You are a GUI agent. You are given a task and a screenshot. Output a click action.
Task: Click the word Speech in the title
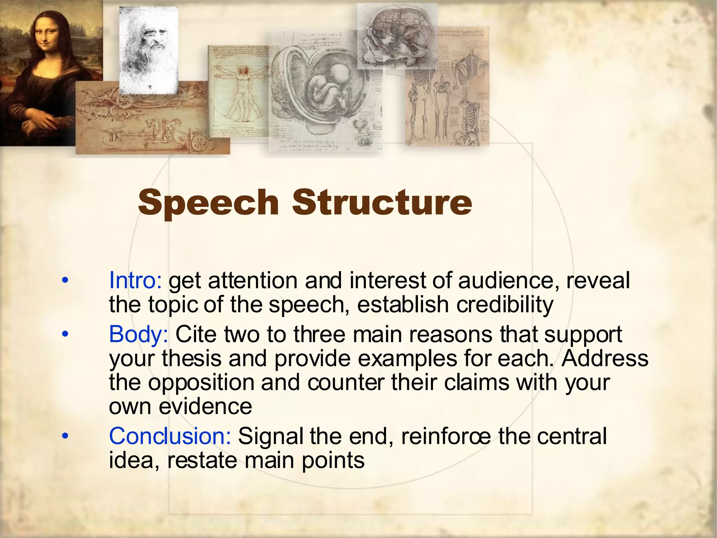tap(208, 203)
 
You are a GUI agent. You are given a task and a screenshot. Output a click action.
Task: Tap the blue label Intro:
tap(135, 281)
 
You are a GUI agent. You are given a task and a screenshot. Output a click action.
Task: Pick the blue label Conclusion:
tap(170, 436)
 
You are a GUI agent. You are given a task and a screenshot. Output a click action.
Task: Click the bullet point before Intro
tap(65, 281)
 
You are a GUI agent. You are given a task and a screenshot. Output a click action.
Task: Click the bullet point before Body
tap(65, 334)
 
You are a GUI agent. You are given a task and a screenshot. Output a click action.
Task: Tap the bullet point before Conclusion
tap(65, 436)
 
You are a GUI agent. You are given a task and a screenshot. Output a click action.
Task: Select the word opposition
tap(201, 382)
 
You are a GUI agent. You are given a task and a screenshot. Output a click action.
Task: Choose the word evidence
tap(205, 406)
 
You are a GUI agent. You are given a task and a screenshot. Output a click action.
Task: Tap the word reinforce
tap(446, 436)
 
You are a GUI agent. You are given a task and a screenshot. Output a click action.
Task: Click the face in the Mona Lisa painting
tap(46, 35)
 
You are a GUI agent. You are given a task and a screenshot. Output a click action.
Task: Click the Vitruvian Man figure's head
tap(242, 70)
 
